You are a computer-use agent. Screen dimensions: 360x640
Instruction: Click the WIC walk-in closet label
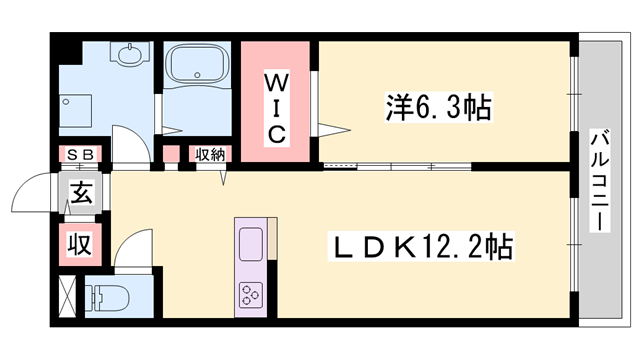pos(277,104)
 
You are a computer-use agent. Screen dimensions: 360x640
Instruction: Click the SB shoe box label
pos(80,155)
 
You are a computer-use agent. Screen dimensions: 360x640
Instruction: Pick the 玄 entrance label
pos(82,193)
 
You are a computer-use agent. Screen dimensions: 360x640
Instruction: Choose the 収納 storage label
pos(210,155)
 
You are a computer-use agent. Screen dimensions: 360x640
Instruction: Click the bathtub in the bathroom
pos(197,69)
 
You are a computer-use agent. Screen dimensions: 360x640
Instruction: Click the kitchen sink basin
pos(250,242)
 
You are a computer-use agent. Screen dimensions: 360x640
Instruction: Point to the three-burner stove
pos(249,293)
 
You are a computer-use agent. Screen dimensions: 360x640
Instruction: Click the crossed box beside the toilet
pos(66,297)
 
